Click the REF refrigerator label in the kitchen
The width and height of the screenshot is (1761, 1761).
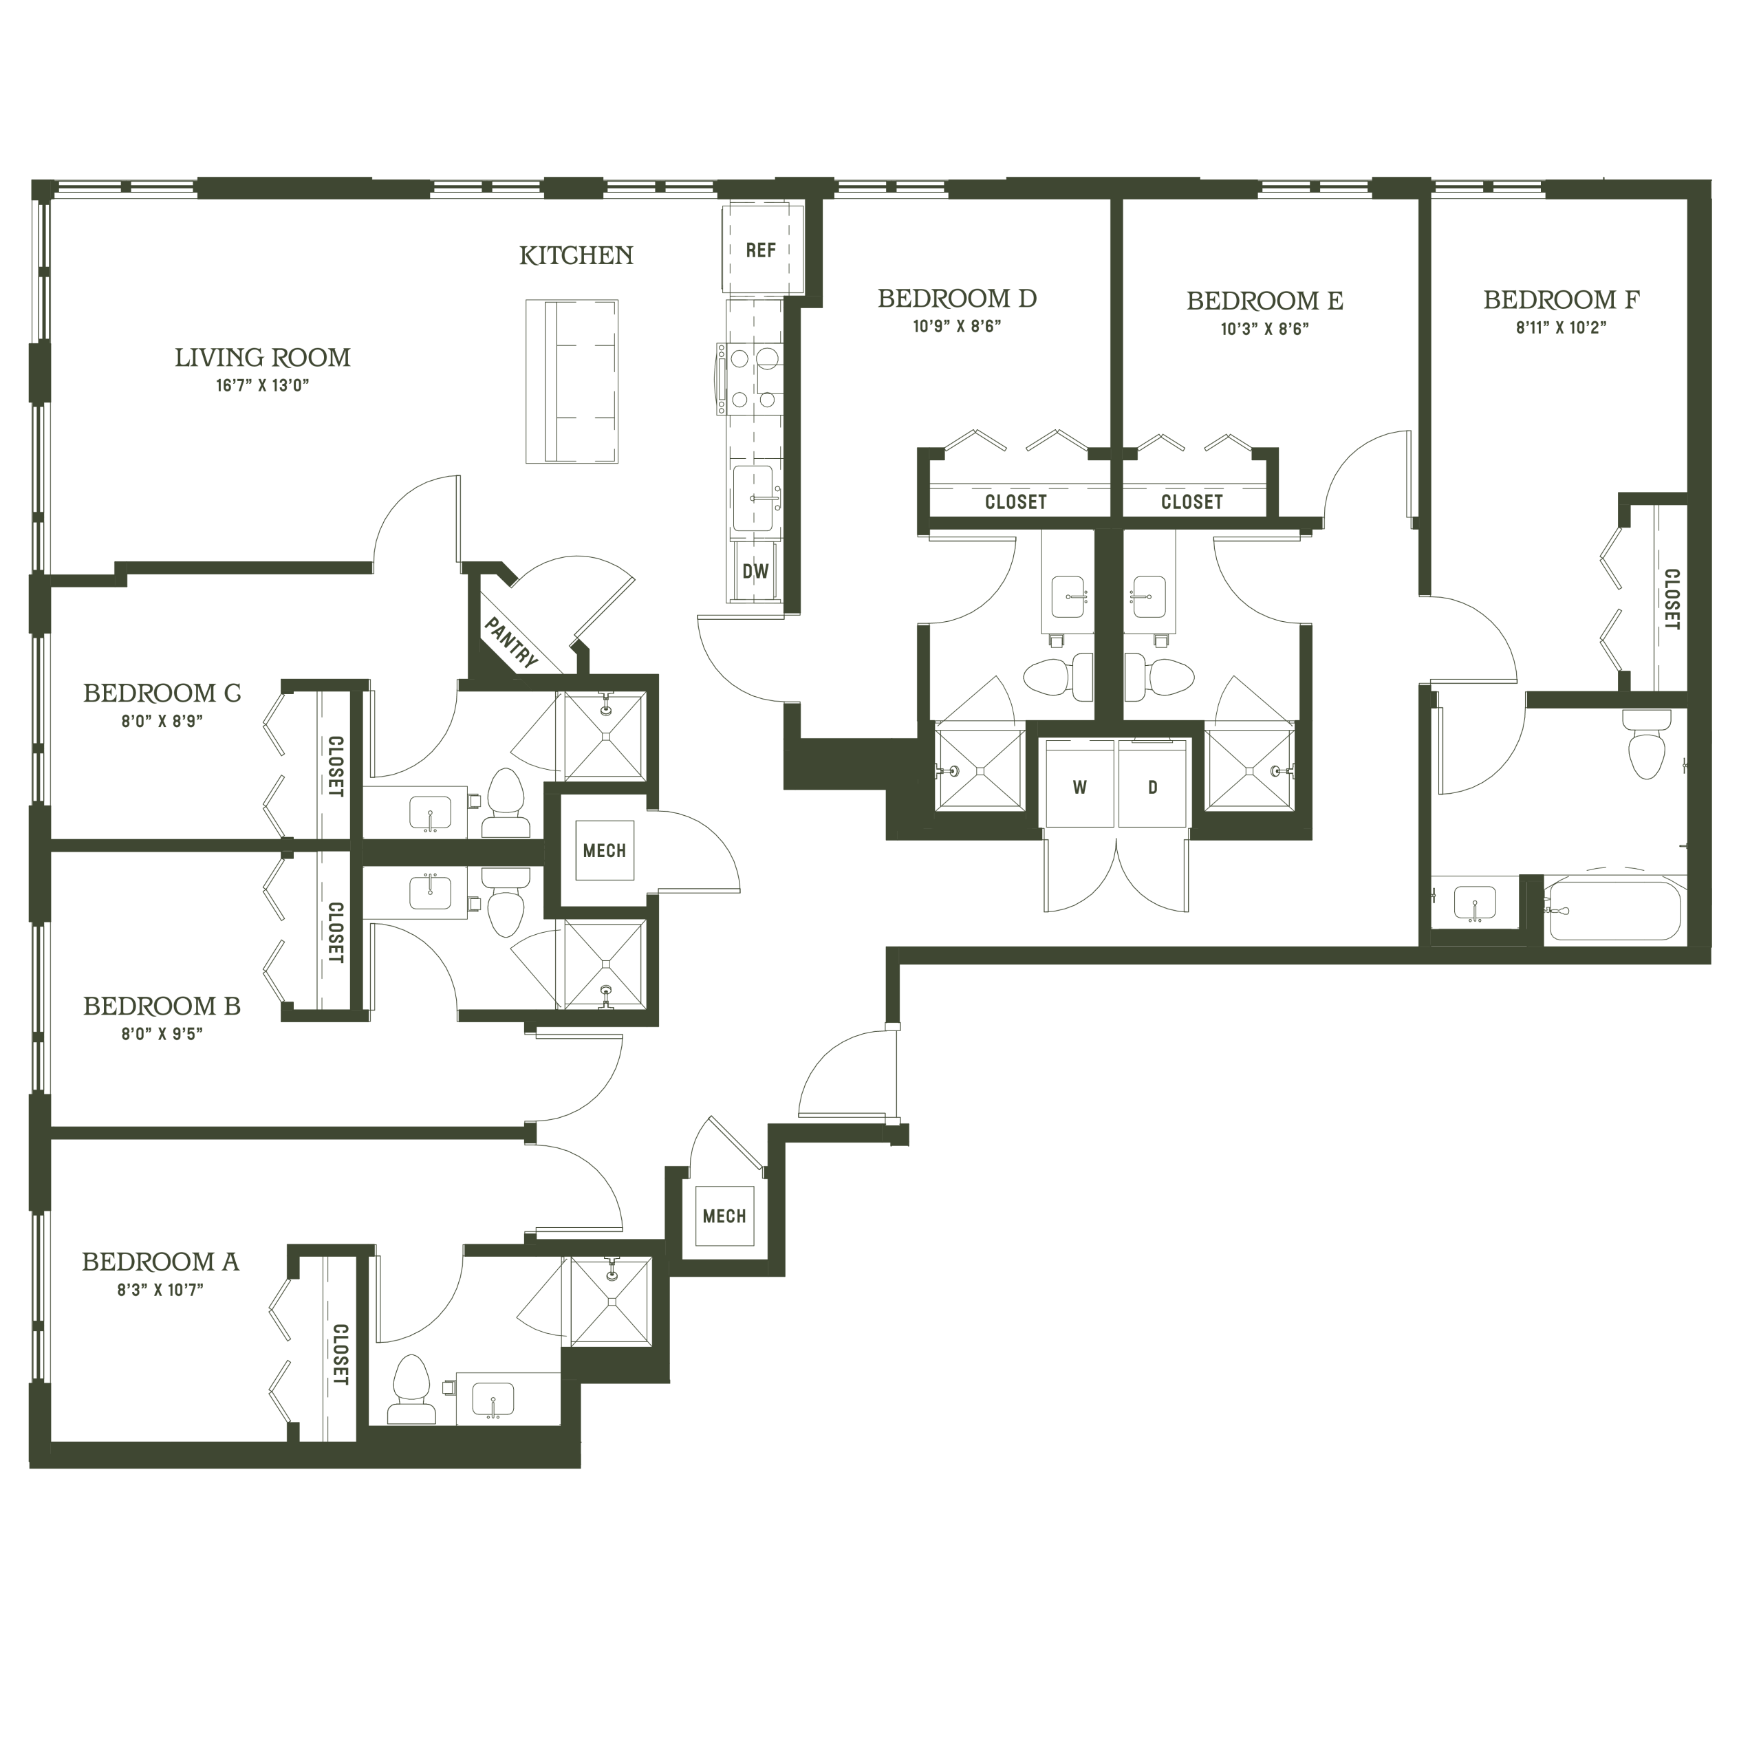[x=760, y=250]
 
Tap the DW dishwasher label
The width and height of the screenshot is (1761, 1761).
[x=755, y=572]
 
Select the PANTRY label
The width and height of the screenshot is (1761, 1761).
[x=511, y=642]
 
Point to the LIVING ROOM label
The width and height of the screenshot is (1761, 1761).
[x=263, y=357]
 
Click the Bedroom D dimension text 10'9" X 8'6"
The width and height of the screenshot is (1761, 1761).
[x=957, y=326]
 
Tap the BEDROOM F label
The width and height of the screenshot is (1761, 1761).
[x=1562, y=299]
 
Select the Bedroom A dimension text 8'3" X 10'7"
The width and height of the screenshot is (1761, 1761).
[x=160, y=1289]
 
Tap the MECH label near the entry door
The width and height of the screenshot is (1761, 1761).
[x=724, y=1216]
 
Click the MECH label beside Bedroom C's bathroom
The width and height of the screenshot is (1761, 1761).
[x=605, y=850]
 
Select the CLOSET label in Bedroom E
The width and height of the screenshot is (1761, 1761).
[x=1191, y=501]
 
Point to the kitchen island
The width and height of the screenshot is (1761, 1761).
[x=572, y=381]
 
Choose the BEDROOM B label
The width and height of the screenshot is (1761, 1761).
[x=162, y=1006]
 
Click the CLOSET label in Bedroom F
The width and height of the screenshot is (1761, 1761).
[x=1672, y=600]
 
